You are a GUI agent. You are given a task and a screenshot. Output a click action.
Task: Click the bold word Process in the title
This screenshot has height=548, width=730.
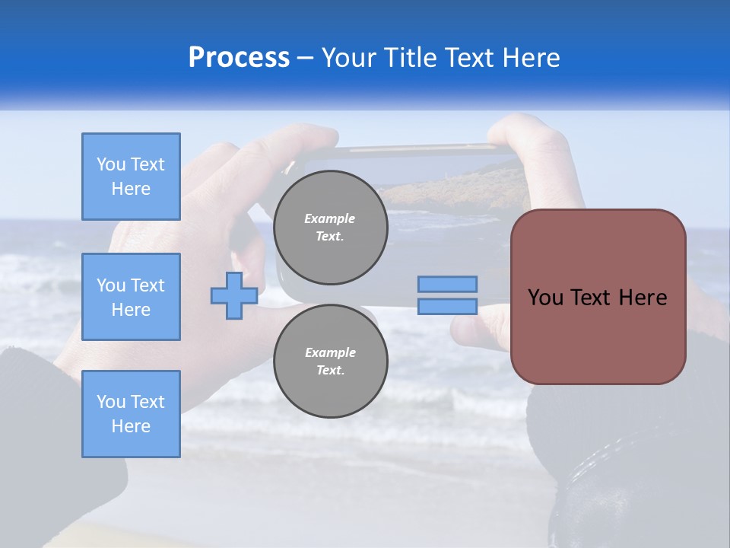pyautogui.click(x=239, y=58)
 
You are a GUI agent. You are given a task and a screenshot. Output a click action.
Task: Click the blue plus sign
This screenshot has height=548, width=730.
pyautogui.click(x=233, y=295)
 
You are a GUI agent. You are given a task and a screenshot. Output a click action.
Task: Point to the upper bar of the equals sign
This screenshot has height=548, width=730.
pyautogui.click(x=448, y=284)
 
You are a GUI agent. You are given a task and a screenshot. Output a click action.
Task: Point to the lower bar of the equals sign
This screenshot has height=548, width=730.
pyautogui.click(x=448, y=306)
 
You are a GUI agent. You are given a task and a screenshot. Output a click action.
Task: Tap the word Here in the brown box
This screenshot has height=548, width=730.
pyautogui.click(x=643, y=298)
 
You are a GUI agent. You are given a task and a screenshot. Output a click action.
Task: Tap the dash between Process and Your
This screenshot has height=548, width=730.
pyautogui.click(x=306, y=59)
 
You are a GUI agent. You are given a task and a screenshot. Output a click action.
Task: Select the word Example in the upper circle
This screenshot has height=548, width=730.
pyautogui.click(x=330, y=218)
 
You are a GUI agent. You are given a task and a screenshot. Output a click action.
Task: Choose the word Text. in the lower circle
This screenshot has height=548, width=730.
pyautogui.click(x=330, y=370)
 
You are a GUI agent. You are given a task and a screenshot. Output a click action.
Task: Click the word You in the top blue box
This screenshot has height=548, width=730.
pyautogui.click(x=110, y=164)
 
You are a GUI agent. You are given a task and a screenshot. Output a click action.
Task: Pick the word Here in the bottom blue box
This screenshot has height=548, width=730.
pyautogui.click(x=131, y=426)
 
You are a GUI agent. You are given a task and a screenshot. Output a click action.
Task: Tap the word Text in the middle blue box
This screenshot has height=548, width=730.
pyautogui.click(x=147, y=285)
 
